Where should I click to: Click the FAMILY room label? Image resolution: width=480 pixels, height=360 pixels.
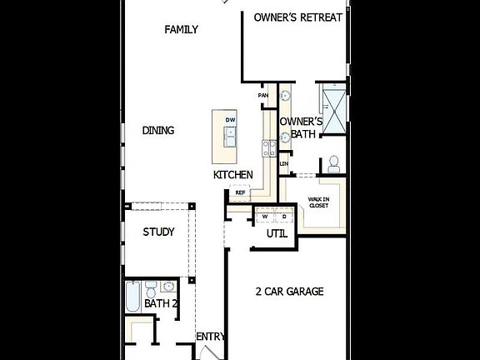coord(181,30)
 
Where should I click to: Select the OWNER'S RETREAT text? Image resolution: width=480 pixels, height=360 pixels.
coord(297,17)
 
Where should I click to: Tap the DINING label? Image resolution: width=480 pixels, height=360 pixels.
coord(158,130)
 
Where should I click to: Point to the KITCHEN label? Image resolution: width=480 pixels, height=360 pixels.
coord(232,175)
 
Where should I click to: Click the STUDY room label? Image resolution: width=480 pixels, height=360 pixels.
coord(158,232)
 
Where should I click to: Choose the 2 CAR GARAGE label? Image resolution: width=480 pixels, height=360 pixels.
coord(288,292)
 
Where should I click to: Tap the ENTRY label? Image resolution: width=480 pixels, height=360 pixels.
coord(211,337)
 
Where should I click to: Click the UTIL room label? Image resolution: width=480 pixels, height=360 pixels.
coord(277,234)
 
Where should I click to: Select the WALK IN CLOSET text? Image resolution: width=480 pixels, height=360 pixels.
coord(318,202)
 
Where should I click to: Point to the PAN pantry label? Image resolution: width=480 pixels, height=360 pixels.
coord(263,96)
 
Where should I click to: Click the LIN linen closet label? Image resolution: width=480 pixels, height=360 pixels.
coord(284,163)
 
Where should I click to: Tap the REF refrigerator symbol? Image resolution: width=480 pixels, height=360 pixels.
coord(240,192)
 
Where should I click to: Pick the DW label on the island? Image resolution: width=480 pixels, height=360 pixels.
coord(230,120)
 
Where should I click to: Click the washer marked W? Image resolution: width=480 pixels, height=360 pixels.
coord(265,216)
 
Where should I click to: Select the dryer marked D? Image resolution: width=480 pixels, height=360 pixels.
coord(283,216)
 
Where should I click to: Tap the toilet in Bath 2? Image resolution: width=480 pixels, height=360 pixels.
coord(151,290)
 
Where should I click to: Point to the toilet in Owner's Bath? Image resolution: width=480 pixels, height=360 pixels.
coord(334,162)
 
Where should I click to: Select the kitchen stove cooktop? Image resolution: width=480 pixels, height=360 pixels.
coord(270,148)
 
